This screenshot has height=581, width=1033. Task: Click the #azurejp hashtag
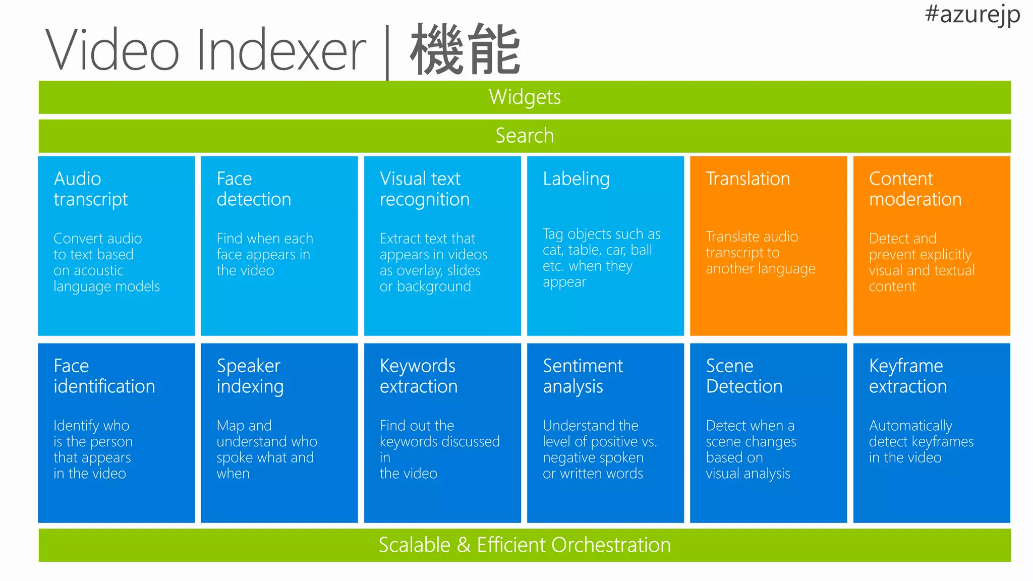point(972,14)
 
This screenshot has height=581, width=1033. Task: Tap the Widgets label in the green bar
point(525,97)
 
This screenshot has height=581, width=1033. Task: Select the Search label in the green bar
point(525,136)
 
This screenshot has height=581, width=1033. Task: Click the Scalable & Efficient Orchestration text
point(525,545)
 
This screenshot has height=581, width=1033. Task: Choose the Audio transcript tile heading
point(91,189)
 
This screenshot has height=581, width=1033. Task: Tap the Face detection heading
point(254,189)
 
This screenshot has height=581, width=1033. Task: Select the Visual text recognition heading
point(424,189)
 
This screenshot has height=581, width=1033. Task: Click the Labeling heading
point(576,179)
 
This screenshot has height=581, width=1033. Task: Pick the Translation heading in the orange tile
point(748,179)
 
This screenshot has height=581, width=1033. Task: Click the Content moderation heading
point(915,189)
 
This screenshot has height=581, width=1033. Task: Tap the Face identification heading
point(104,376)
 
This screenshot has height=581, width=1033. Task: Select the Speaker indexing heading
point(250,376)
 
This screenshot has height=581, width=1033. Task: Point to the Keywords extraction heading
point(419,376)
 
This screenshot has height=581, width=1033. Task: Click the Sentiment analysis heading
point(583,376)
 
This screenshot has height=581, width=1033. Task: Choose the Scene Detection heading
point(744,376)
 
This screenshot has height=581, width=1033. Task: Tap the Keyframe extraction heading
point(908,376)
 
